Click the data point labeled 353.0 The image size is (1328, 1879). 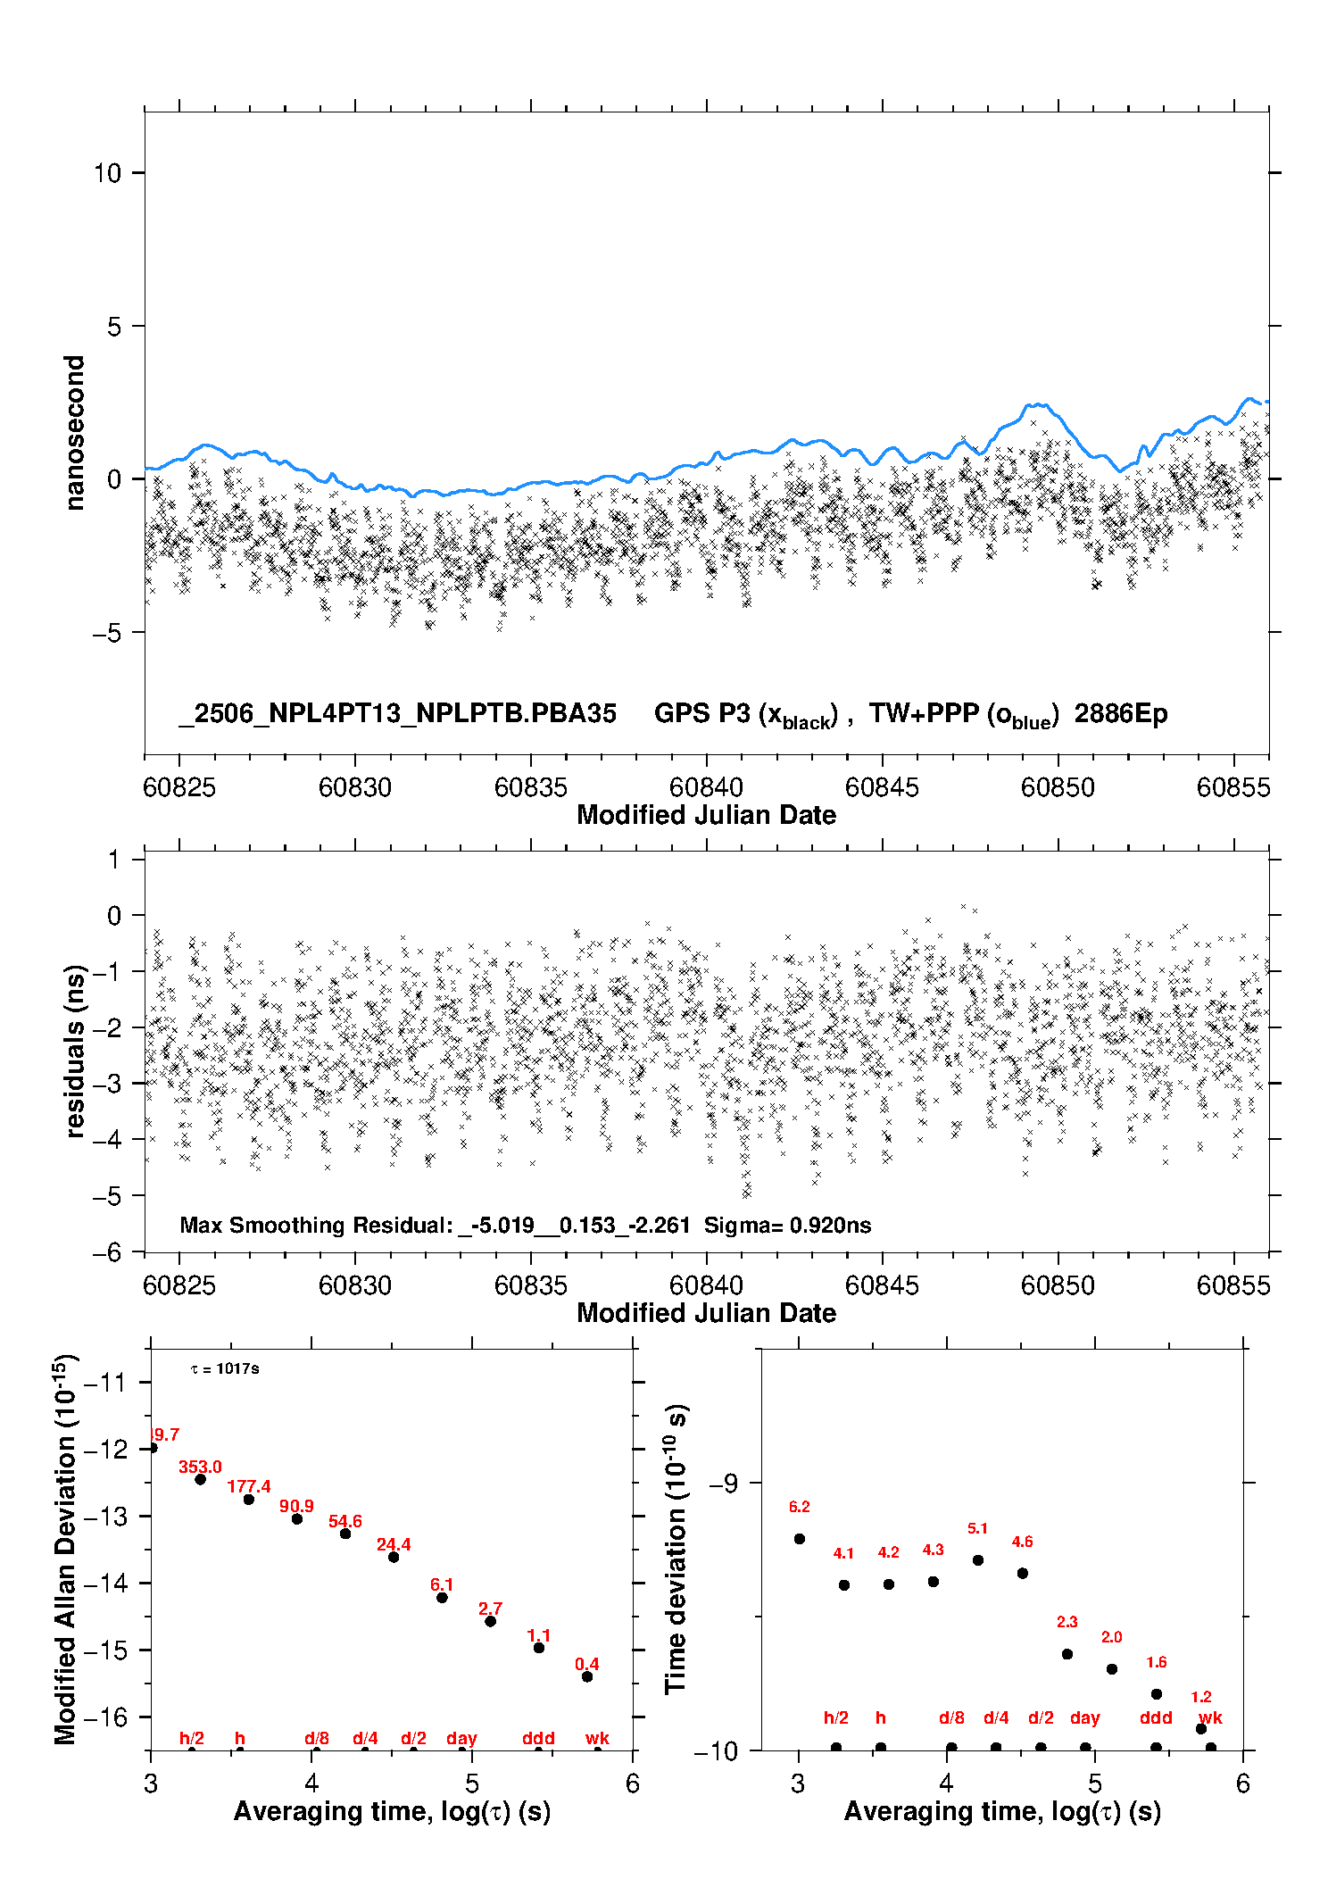coord(201,1479)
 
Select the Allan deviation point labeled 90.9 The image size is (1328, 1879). coord(297,1519)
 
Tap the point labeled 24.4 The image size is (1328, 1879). coord(394,1557)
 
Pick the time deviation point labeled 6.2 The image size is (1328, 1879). coord(800,1539)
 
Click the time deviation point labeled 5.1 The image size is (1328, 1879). coord(978,1560)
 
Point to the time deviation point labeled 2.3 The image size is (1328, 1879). coord(1067,1654)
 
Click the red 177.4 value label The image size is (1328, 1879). coord(249,1486)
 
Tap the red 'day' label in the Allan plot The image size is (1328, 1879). coord(462,1739)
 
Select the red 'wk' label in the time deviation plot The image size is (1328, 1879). coord(1211,1718)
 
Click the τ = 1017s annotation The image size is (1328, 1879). coord(225,1369)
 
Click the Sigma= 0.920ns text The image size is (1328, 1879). coord(788,1225)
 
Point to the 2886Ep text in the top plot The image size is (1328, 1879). coord(1121,713)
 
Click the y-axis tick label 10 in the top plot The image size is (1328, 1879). coord(107,173)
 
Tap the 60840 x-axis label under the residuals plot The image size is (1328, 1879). coord(706,1285)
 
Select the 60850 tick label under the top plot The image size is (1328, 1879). coord(1058,787)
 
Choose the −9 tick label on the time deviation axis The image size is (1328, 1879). coord(723,1483)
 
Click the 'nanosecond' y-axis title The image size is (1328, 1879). coord(75,433)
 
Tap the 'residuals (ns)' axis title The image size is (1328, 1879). coord(75,1052)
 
